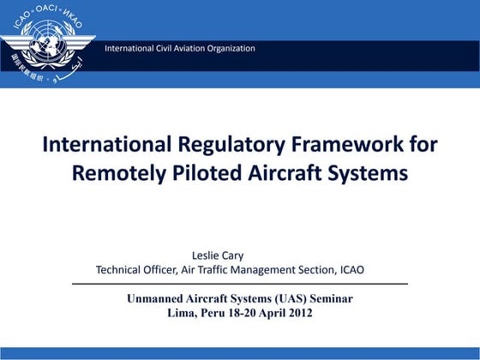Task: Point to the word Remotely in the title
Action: tap(118, 172)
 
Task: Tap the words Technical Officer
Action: tap(135, 269)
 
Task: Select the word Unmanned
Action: tap(158, 299)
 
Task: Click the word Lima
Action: tap(182, 314)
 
